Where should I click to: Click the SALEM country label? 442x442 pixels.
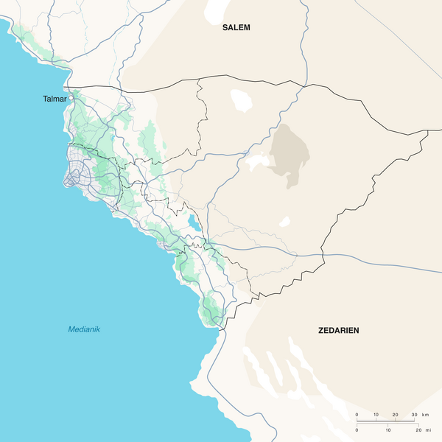pos(236,27)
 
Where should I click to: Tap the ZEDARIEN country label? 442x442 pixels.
pos(338,331)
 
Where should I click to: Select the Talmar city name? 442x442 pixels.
pos(55,98)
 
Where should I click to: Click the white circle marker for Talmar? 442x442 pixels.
pos(71,98)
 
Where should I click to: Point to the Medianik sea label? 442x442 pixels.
pos(84,329)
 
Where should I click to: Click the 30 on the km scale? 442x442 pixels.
pos(415,415)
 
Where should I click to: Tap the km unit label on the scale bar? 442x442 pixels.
pos(426,415)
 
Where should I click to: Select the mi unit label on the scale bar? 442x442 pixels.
pos(427,429)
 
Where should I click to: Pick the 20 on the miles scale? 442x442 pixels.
pos(418,429)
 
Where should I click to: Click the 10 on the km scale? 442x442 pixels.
pos(376,415)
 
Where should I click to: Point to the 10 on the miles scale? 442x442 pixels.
pos(387,429)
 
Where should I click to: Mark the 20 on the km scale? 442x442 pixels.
pos(396,415)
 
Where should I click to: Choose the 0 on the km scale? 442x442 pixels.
pos(357,415)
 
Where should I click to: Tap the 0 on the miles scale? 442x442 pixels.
pos(357,429)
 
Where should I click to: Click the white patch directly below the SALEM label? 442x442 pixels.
pos(240,98)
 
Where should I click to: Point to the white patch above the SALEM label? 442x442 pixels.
pos(216,9)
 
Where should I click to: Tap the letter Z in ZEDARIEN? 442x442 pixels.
pos(320,331)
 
